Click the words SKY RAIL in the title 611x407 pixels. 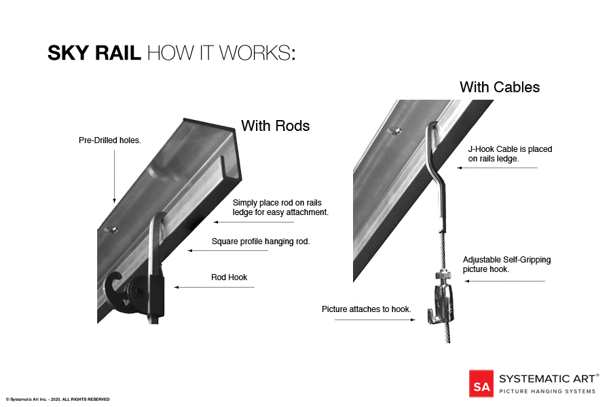click(94, 54)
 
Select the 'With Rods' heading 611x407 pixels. click(275, 126)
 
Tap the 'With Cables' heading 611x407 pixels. click(500, 88)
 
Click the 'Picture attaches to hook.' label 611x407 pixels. click(367, 309)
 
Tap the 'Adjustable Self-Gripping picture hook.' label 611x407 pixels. click(506, 265)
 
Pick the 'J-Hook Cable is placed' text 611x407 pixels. click(510, 149)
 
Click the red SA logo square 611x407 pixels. click(481, 383)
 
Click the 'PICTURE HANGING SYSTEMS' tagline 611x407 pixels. click(547, 391)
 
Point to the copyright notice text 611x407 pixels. click(58, 400)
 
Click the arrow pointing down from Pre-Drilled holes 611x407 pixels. click(114, 176)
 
